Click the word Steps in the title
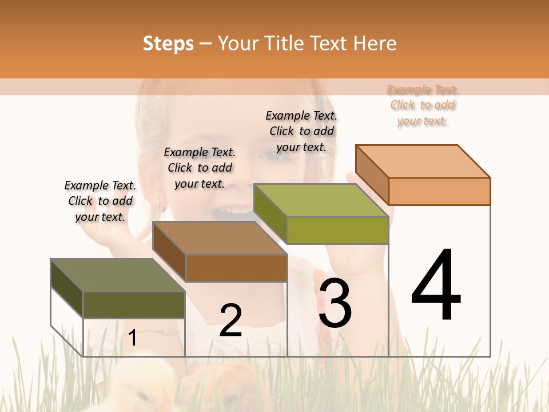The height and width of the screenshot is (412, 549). pos(168,43)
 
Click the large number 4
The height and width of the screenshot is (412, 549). pos(436,286)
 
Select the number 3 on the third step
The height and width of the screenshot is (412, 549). pos(335,303)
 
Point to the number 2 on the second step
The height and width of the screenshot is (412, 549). pos(230,320)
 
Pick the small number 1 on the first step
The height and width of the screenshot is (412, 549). pos(133,338)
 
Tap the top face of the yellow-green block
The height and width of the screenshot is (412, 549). pos(320,200)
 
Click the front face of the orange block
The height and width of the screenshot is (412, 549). pos(439,191)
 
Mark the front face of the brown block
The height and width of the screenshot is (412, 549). pos(236,268)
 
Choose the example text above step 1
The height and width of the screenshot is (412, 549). pos(100,201)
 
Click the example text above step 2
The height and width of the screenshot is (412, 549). pos(200,168)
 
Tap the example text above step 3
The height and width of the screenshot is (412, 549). pos(301,131)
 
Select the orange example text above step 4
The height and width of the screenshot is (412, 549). pos(423,105)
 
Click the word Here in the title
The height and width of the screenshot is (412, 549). pos(375,43)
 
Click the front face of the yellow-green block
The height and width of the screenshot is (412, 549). pos(337,230)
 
